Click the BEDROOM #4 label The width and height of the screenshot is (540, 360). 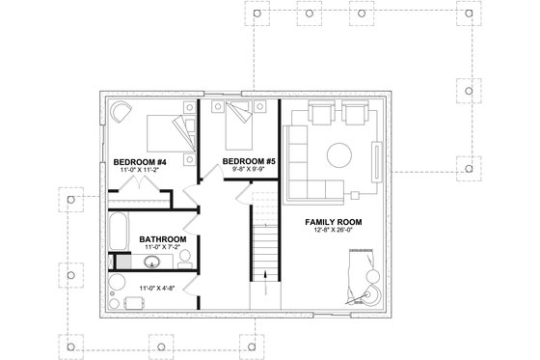[x=141, y=161]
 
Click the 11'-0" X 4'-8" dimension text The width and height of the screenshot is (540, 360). [x=153, y=289]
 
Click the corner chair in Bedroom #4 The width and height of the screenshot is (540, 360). [x=121, y=113]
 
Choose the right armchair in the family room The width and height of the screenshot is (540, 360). [x=353, y=114]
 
